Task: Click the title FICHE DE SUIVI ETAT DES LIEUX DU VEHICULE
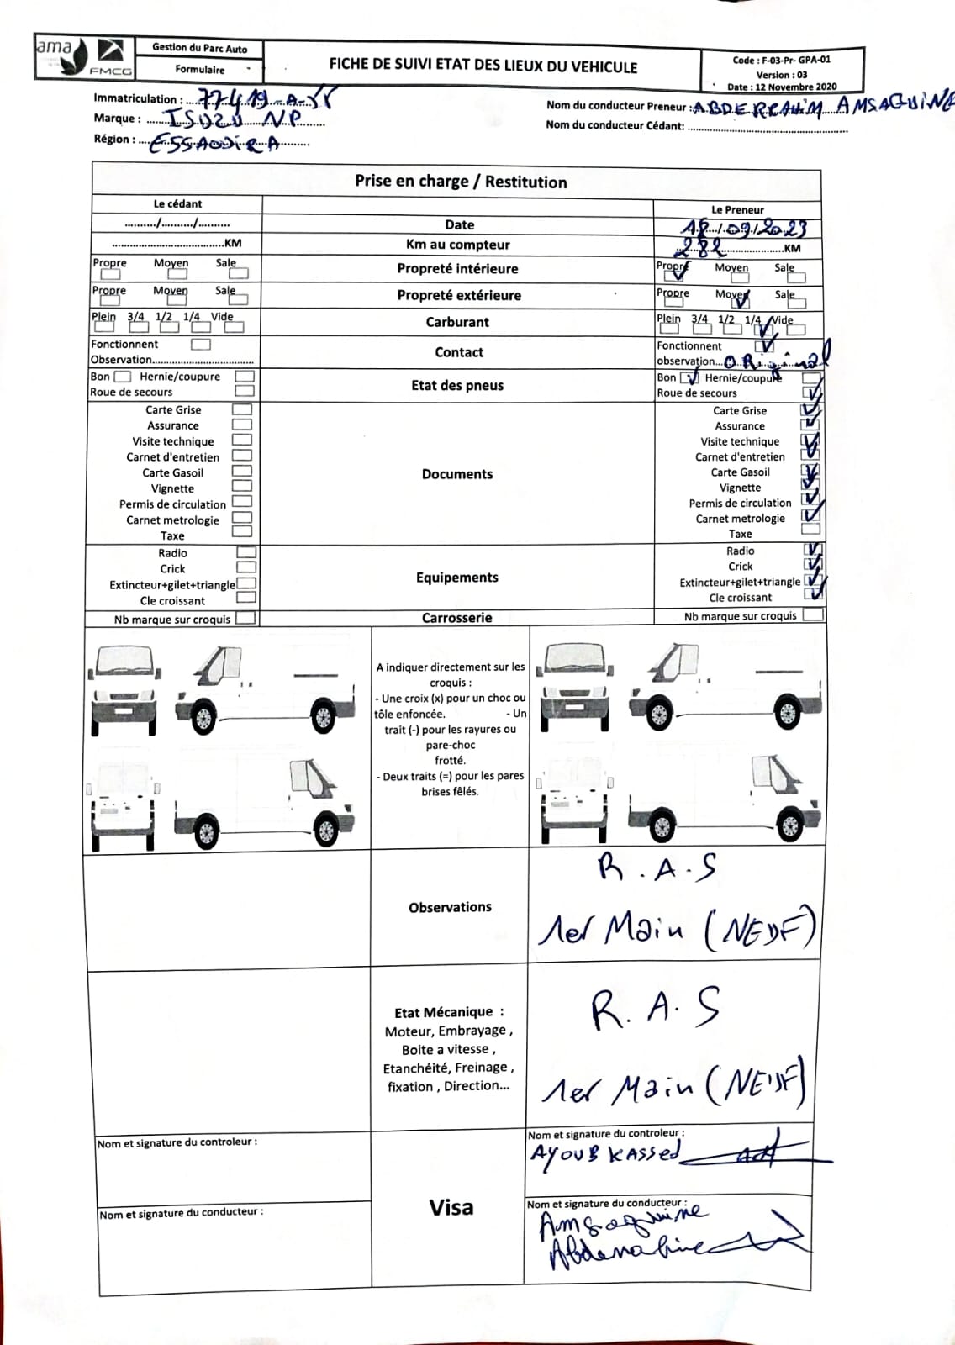tap(483, 66)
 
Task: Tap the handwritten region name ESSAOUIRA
tap(214, 145)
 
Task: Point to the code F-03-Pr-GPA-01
tap(781, 60)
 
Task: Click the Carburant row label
tap(457, 322)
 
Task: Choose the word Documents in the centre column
tap(457, 474)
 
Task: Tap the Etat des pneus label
tap(457, 386)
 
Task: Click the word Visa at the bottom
tap(451, 1208)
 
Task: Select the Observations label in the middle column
tap(450, 908)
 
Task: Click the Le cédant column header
tap(177, 204)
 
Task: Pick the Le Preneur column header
tap(737, 210)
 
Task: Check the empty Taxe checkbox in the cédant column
tap(242, 532)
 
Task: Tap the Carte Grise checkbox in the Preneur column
tap(811, 411)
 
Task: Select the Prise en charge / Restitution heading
tap(461, 182)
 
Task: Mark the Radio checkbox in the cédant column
tap(246, 553)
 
